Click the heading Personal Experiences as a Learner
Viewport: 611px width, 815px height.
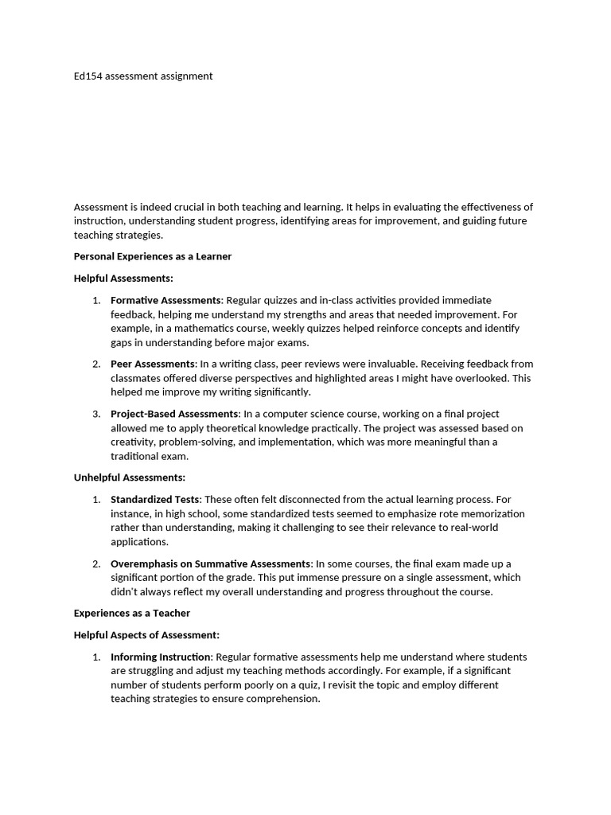(153, 256)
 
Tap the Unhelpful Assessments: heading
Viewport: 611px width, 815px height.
(129, 478)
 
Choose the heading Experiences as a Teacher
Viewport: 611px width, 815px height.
(132, 613)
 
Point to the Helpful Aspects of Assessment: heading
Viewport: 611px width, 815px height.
(146, 635)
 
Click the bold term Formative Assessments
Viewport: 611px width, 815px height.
(165, 300)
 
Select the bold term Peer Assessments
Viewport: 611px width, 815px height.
(153, 364)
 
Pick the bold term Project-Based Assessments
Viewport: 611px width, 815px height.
(174, 414)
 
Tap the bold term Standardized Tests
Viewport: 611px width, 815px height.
(155, 499)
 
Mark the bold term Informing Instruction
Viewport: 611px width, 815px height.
(161, 657)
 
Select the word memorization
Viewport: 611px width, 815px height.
(485, 513)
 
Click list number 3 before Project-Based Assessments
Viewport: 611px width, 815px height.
(96, 414)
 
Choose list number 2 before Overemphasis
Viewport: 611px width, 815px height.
(96, 563)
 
